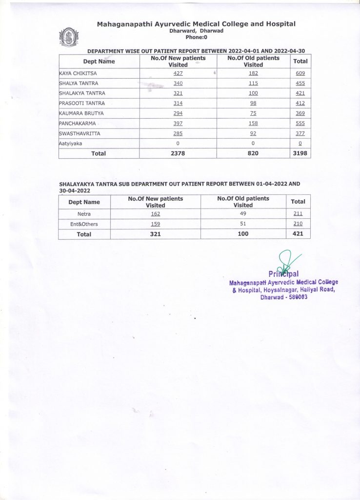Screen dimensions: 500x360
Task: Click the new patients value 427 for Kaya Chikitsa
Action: (178, 73)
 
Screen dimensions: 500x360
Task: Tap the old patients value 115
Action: (253, 83)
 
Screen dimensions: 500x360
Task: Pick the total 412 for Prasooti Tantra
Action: (300, 103)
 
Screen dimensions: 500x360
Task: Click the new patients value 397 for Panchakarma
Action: (178, 123)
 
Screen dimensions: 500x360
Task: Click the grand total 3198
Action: (300, 153)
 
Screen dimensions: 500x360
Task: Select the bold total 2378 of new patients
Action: (178, 153)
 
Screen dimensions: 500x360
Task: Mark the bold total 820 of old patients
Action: (253, 153)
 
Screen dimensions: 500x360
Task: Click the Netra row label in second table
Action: (84, 214)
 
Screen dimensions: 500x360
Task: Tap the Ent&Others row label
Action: (84, 224)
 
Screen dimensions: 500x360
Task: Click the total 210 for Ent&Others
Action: (298, 224)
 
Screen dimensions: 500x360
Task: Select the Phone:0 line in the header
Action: (197, 37)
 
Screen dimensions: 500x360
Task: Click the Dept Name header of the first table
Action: (99, 61)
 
